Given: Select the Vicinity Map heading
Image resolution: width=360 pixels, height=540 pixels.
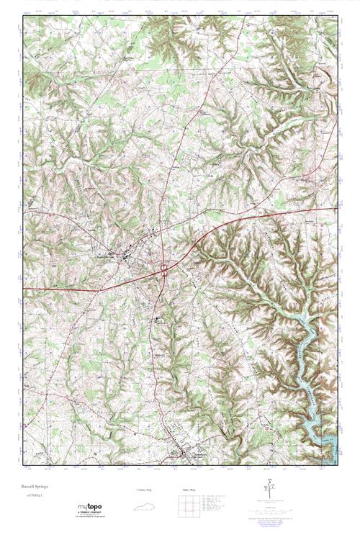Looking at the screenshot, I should [144, 490].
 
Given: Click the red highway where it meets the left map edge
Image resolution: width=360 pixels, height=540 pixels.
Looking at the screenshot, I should [24, 288].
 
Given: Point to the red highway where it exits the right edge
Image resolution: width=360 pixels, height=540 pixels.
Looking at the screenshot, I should [336, 209].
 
